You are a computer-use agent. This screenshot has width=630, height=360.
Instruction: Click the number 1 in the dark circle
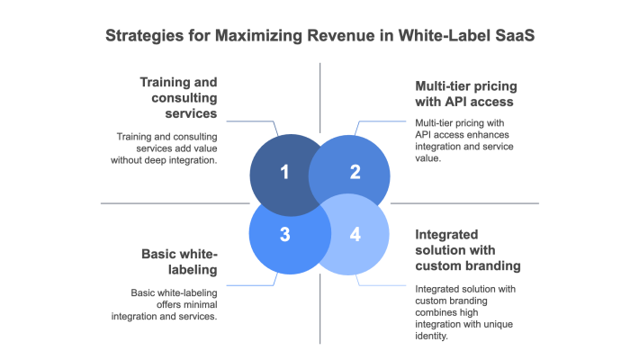tap(284, 171)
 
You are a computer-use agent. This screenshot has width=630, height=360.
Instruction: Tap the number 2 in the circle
tap(355, 171)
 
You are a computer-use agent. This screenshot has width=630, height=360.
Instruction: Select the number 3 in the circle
tap(284, 235)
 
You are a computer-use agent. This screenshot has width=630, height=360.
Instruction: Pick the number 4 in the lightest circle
tap(355, 235)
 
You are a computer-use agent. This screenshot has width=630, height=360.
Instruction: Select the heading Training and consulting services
tap(177, 97)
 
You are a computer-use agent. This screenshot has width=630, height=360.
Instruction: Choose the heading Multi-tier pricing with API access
tap(465, 94)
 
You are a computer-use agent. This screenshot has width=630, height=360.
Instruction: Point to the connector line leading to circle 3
tap(252, 285)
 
